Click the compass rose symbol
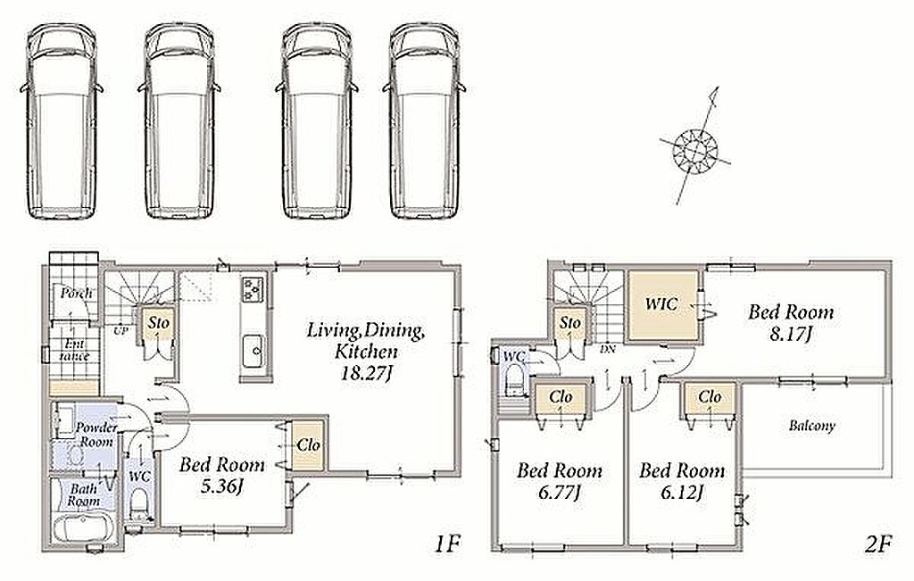coord(694,149)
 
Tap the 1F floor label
coord(448,544)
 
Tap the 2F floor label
coord(879,544)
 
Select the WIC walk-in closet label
coord(661,303)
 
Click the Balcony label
coord(812,426)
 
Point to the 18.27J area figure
coord(365,373)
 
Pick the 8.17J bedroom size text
coord(791,335)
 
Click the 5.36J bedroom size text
coord(221,486)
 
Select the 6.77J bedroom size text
coord(559,493)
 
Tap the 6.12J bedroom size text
coord(681,493)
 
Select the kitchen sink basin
coord(253,351)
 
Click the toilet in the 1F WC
coord(139,503)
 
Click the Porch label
coord(77,293)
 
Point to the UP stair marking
coord(121,330)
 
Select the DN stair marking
coord(607,350)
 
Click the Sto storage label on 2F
coord(570,323)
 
